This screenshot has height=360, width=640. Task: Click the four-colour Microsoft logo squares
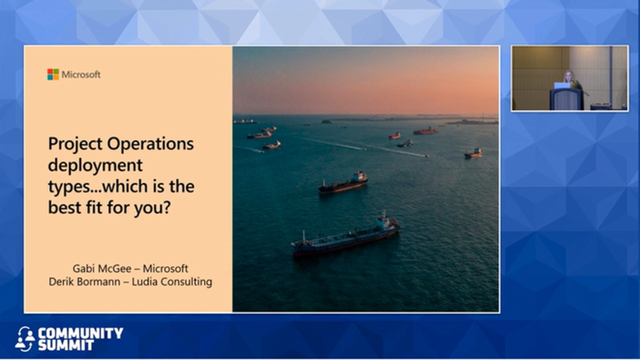pos(53,75)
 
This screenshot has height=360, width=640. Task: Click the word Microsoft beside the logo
pos(81,75)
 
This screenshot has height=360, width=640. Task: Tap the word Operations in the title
pos(150,143)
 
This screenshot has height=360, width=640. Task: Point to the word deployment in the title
pos(95,166)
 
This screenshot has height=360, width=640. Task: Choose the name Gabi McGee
pos(102,269)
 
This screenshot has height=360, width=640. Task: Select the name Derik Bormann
pos(85,282)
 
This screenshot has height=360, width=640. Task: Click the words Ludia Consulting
pos(172,282)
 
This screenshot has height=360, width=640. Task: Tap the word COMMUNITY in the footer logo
pos(81,333)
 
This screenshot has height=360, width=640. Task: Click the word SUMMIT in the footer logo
pos(66,346)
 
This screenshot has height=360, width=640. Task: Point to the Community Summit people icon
pos(25,339)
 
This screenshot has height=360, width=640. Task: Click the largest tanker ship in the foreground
pos(345,236)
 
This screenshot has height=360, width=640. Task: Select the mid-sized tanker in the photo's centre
pos(343,183)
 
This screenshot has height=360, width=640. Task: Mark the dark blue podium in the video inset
pos(567,99)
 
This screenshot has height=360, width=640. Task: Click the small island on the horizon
pos(326,122)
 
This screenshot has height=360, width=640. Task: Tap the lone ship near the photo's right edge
pos(473,153)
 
